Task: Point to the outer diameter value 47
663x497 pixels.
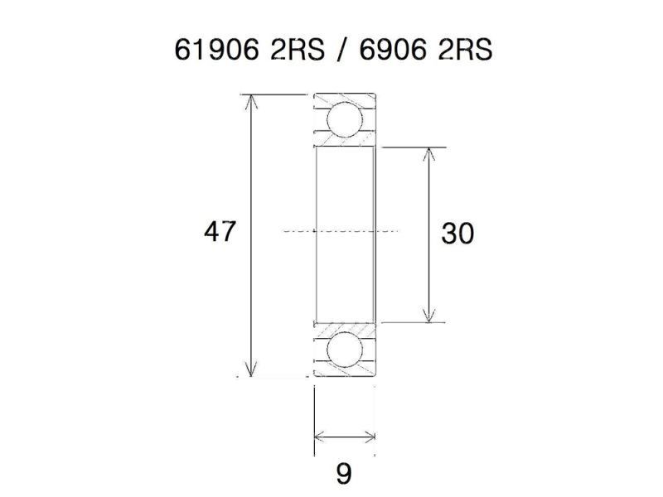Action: [x=220, y=232]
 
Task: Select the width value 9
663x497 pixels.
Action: [x=344, y=474]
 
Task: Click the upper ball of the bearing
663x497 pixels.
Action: [x=344, y=120]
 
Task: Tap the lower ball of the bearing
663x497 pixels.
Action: [x=344, y=350]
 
